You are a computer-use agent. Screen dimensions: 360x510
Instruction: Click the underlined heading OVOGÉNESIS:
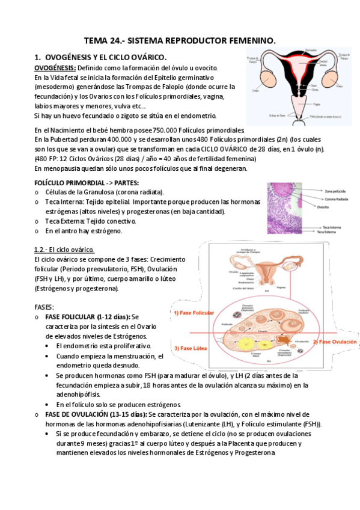(x=54, y=68)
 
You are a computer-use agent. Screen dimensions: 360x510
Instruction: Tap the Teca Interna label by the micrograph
(x=332, y=227)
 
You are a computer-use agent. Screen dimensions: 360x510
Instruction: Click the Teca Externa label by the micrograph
(x=333, y=232)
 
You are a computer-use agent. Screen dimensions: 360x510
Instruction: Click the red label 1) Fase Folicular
(x=194, y=313)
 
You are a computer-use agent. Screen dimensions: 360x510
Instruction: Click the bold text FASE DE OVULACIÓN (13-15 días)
(x=96, y=414)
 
